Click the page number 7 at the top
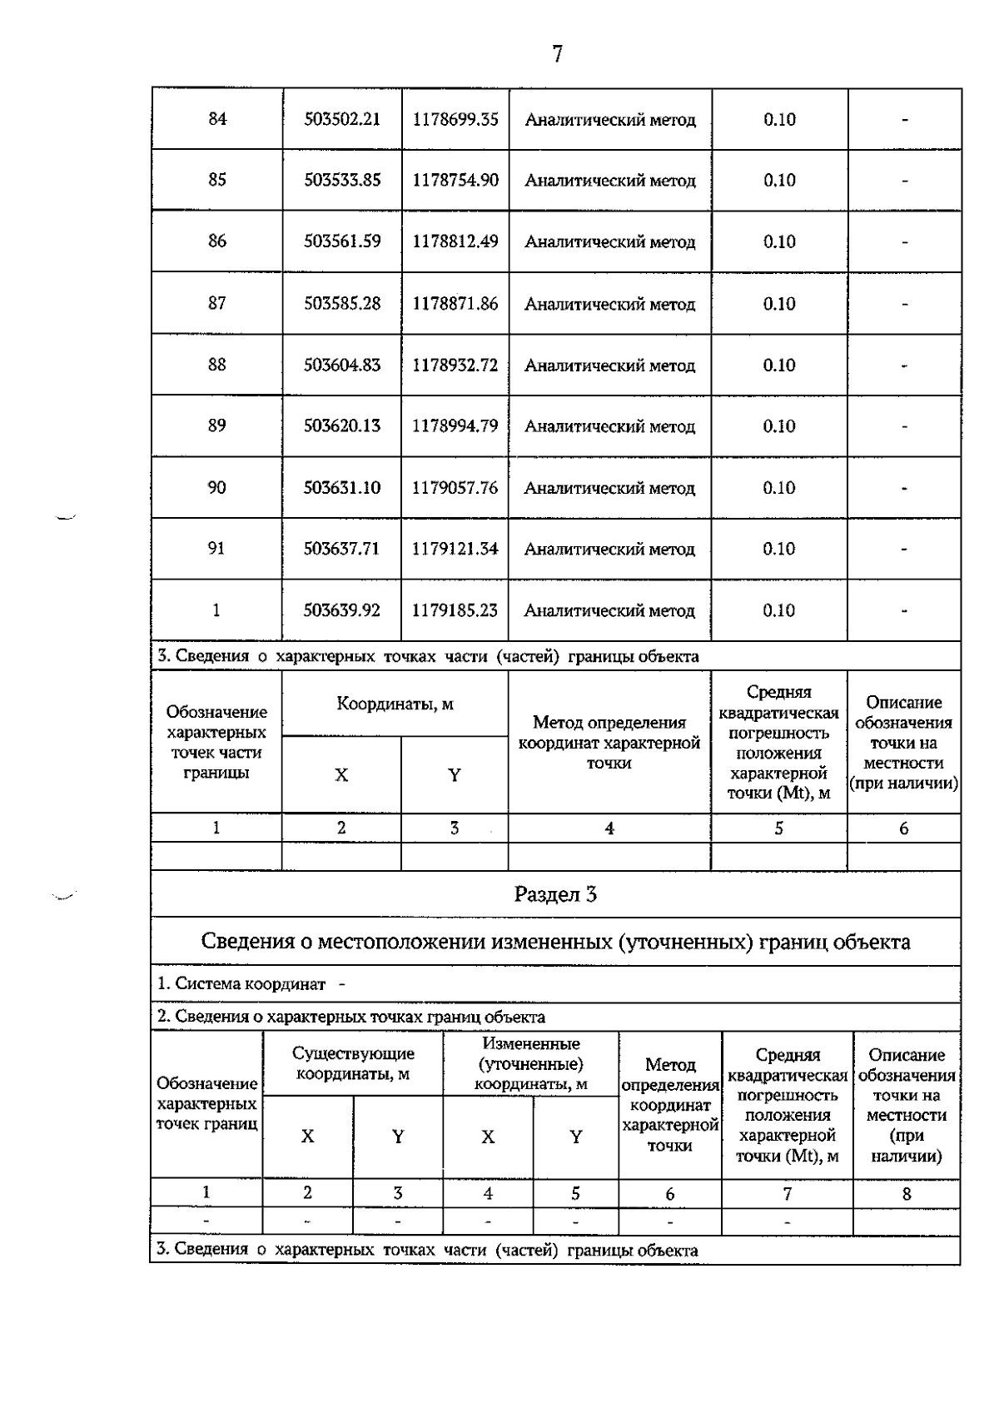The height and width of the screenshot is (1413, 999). coord(557,55)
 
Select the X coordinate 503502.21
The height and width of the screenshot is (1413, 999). coord(342,119)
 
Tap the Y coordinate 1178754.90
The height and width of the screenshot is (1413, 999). coord(455,180)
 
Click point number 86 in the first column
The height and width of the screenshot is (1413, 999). coord(216,241)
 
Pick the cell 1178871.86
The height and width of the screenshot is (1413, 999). coord(455,303)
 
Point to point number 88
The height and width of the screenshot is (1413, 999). coord(216,365)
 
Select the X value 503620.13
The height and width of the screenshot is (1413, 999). coord(342,425)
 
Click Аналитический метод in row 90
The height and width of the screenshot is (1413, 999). coord(609,488)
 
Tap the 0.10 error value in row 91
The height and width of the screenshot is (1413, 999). coord(779,549)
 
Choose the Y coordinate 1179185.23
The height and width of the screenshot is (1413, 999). coord(455,610)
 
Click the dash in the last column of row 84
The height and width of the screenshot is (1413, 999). coord(905,120)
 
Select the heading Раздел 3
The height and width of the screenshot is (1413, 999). coord(555,895)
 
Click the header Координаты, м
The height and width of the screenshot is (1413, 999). coord(395,704)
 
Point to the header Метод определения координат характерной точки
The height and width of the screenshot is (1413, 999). coord(609,743)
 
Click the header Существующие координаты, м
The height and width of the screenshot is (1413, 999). coord(353,1064)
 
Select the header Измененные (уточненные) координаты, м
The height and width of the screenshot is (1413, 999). coord(530,1064)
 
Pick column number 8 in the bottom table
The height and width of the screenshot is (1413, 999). coord(907,1194)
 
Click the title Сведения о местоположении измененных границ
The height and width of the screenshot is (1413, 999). coord(555,942)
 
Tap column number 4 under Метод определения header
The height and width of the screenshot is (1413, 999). coord(609,828)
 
